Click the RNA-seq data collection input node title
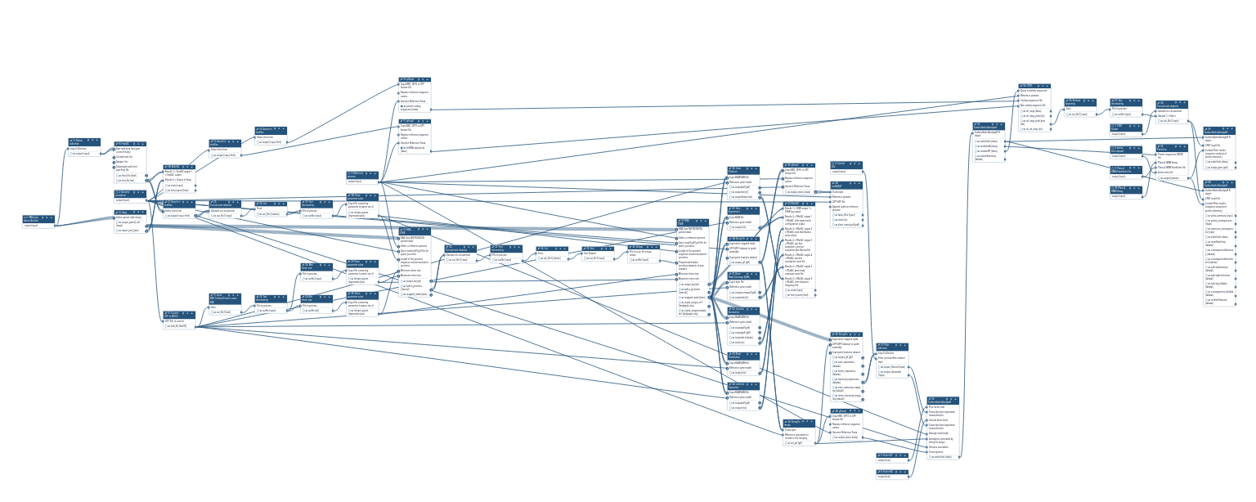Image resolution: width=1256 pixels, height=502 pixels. [38, 218]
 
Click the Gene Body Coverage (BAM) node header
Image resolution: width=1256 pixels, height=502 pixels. [743, 276]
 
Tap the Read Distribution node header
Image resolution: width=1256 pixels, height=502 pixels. [743, 356]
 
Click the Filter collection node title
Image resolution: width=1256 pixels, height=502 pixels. [892, 347]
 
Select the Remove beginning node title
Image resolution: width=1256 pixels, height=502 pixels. [1080, 102]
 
